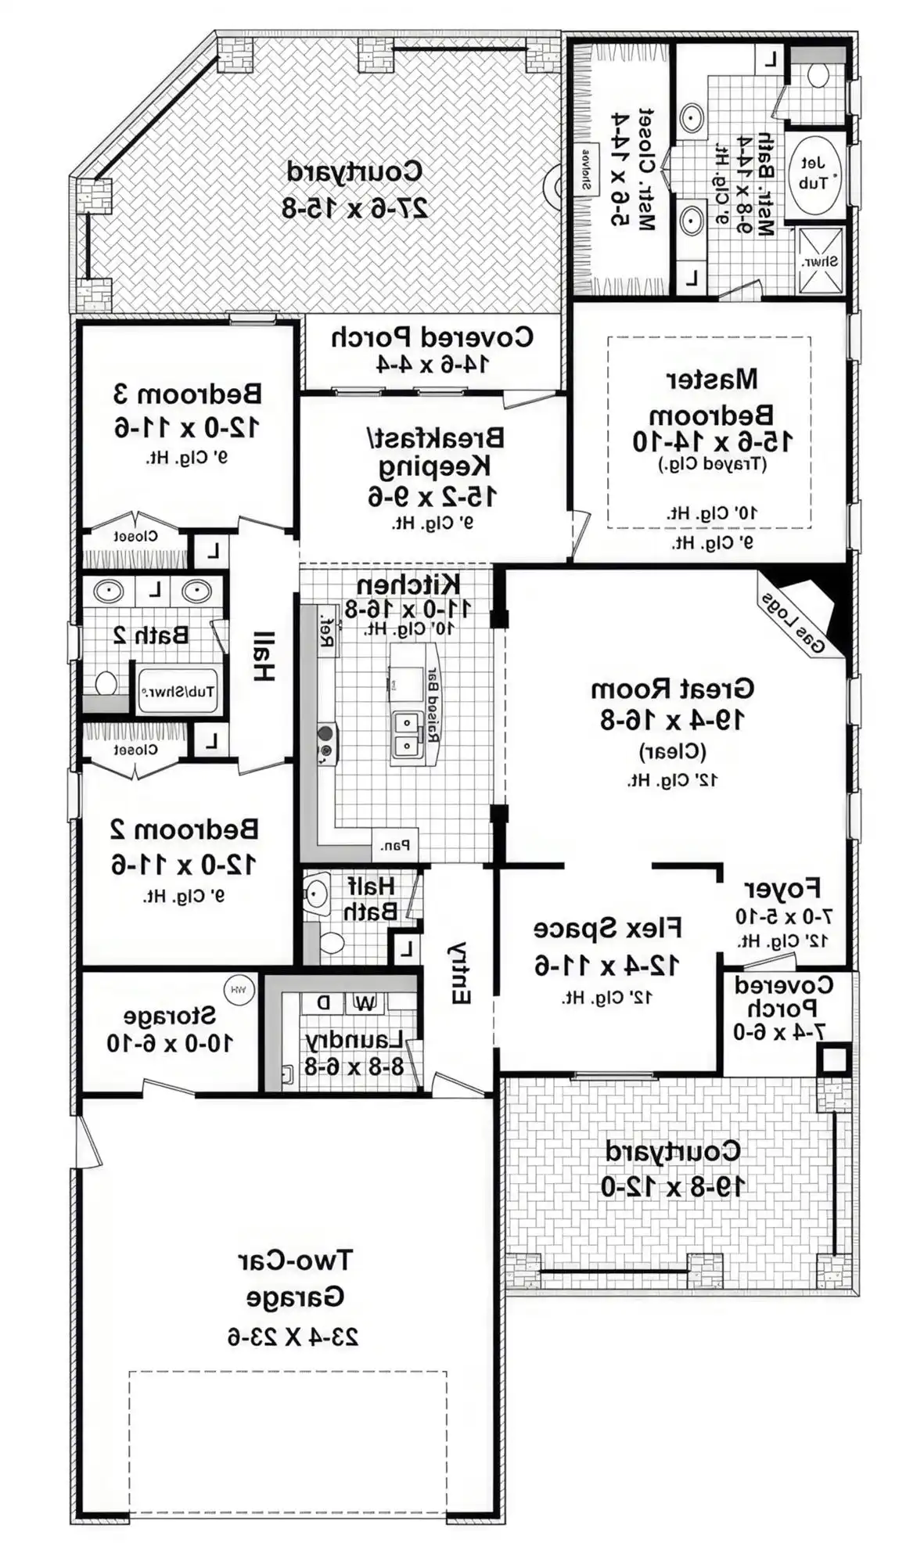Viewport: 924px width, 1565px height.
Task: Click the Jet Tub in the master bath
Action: [814, 174]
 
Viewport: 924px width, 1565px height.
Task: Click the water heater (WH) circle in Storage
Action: [239, 989]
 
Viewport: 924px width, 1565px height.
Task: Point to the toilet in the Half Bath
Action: [331, 943]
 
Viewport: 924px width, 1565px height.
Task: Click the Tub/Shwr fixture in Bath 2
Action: [178, 691]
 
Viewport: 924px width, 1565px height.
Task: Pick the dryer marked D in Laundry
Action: [323, 1002]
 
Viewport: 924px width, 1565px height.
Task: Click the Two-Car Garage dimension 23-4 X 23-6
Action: [293, 1337]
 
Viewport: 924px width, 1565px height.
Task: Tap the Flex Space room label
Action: [607, 928]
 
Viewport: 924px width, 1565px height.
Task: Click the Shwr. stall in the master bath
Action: [820, 261]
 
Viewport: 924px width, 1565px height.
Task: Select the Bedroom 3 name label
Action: [188, 393]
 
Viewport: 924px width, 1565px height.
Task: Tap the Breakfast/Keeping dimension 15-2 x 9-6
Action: [432, 495]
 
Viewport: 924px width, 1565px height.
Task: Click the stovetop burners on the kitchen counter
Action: [325, 742]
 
